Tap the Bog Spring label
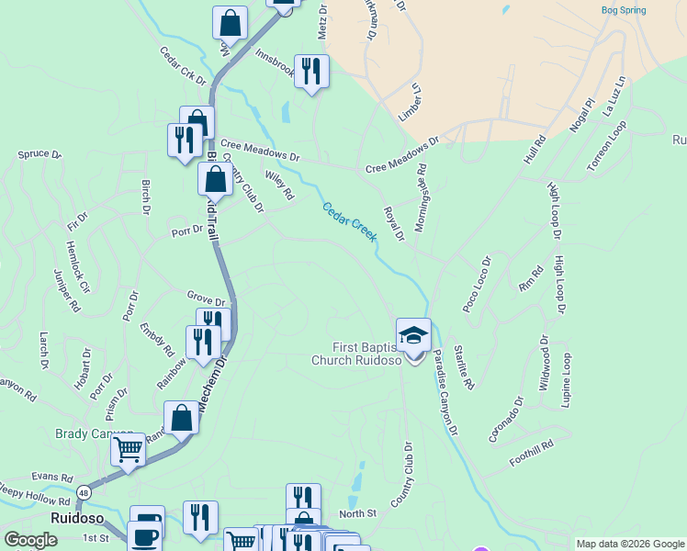tap(623, 10)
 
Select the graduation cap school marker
tap(413, 335)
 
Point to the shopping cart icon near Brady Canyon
tap(128, 450)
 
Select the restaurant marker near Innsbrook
tap(311, 72)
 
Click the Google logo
tap(30, 540)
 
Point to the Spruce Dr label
tap(39, 155)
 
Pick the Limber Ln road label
tap(410, 103)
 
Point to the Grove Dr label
tap(206, 301)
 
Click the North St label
tap(358, 512)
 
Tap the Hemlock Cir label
tap(78, 267)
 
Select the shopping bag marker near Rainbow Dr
tap(182, 418)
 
